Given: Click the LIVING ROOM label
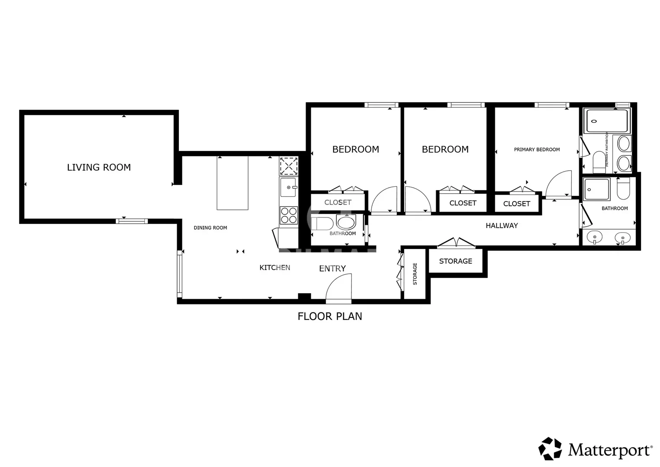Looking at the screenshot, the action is tap(99, 167).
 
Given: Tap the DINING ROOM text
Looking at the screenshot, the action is tap(210, 227).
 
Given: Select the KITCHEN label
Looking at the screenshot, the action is tap(274, 267).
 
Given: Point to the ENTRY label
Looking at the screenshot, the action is tap(332, 268).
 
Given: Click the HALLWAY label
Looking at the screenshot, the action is tap(502, 226).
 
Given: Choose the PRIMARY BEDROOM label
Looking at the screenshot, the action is tap(537, 150).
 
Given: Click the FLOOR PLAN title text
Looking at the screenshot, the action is tap(330, 317).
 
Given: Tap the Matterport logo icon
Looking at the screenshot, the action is tap(550, 448).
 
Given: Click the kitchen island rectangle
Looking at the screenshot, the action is tap(233, 183).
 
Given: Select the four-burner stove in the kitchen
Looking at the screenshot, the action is tap(289, 215).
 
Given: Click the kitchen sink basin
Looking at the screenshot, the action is tap(288, 187).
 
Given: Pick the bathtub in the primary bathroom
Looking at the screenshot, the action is tap(607, 121).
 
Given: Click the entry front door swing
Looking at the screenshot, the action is tap(339, 288).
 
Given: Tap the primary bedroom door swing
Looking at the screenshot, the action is tap(558, 183).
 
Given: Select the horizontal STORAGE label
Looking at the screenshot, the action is tap(456, 261).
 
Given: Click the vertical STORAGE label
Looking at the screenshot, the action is tap(415, 274).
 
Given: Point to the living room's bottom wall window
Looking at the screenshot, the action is tap(132, 221).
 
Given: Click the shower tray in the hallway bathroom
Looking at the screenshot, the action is tap(597, 189).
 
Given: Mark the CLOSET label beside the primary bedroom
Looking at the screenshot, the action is tap(517, 204).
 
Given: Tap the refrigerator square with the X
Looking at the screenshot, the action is tap(289, 166).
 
